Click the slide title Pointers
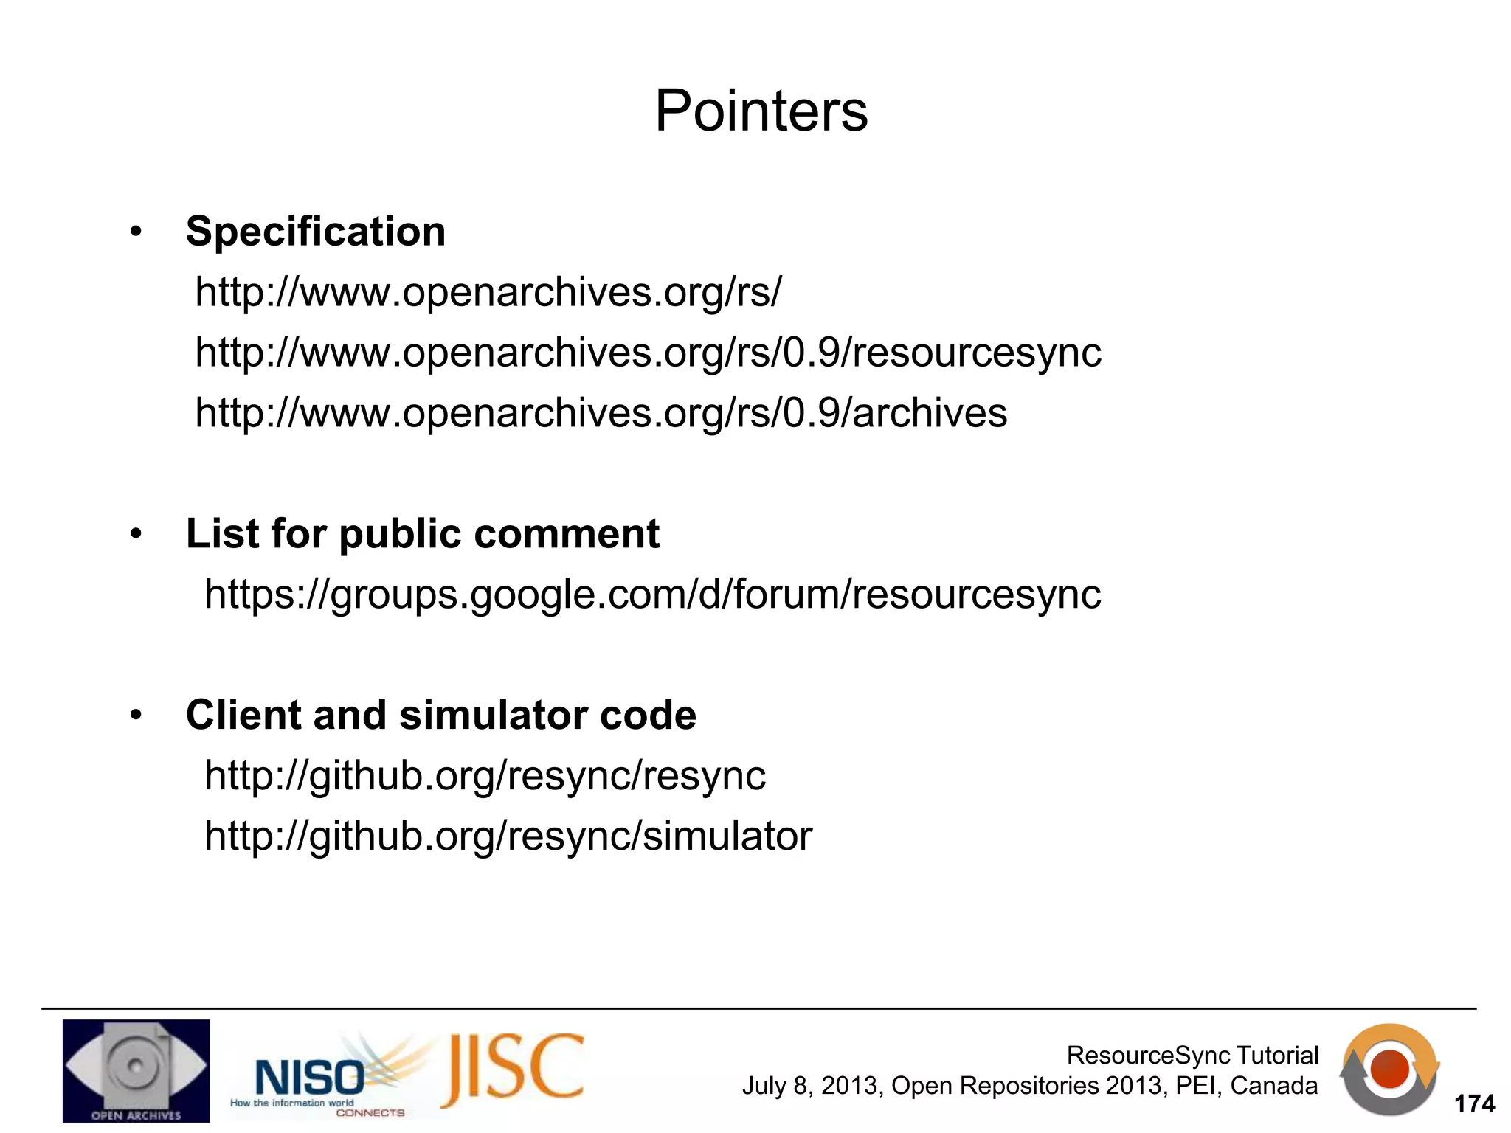pyautogui.click(x=761, y=111)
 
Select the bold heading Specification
pyautogui.click(x=316, y=232)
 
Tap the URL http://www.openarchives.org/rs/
pyautogui.click(x=488, y=292)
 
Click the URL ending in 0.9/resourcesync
pyautogui.click(x=648, y=353)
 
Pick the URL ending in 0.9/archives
pyautogui.click(x=601, y=413)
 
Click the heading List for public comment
pyautogui.click(x=422, y=533)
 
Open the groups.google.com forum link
pyautogui.click(x=652, y=594)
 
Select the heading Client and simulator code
pyautogui.click(x=440, y=715)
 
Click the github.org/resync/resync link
pyautogui.click(x=485, y=775)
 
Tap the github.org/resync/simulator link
pyautogui.click(x=508, y=836)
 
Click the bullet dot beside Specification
pyautogui.click(x=135, y=232)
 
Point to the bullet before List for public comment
pyautogui.click(x=135, y=534)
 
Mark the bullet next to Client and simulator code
pyautogui.click(x=135, y=716)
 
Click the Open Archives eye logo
pyautogui.click(x=136, y=1070)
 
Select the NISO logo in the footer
pyautogui.click(x=310, y=1077)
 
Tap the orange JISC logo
pyautogui.click(x=514, y=1069)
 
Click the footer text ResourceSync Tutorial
pyautogui.click(x=1192, y=1056)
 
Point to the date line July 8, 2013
pyautogui.click(x=1029, y=1086)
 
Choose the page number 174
pyautogui.click(x=1473, y=1104)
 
